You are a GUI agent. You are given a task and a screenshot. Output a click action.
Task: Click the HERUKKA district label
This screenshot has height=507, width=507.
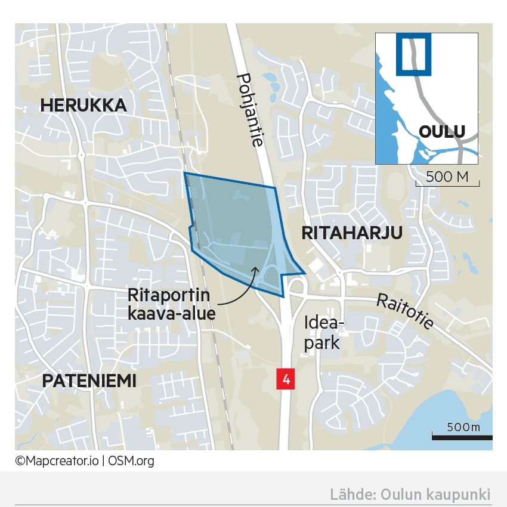(x=83, y=106)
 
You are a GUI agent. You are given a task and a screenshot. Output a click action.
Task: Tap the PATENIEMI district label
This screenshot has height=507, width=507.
(x=89, y=381)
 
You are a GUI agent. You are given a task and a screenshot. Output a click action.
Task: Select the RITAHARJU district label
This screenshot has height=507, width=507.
(x=353, y=233)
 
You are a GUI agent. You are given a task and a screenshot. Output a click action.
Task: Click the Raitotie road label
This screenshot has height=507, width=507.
(x=405, y=313)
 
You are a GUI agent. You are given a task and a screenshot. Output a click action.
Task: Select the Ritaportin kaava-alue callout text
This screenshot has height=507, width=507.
(x=171, y=304)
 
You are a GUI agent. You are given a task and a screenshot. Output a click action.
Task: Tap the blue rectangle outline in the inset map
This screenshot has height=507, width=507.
(x=413, y=53)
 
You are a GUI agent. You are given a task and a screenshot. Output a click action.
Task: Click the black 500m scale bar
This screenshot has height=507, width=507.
(x=462, y=438)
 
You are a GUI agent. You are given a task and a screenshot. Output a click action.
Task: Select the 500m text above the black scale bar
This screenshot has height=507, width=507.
(x=463, y=427)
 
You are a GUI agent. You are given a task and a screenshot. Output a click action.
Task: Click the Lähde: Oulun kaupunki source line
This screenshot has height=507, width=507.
(x=410, y=494)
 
